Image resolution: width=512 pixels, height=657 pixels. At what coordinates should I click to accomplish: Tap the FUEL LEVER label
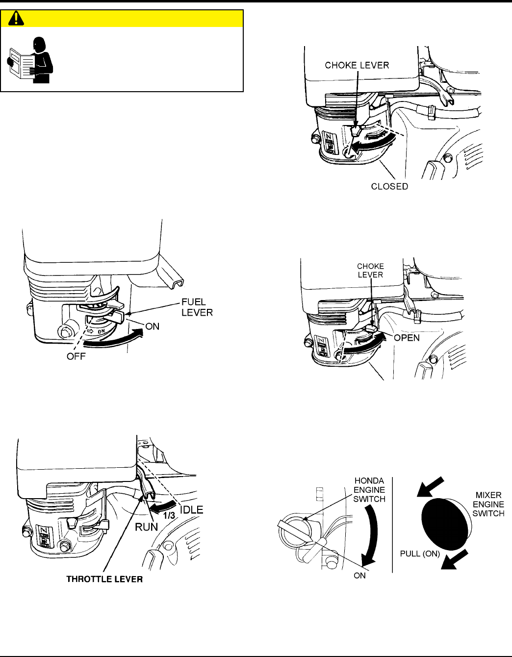(197, 307)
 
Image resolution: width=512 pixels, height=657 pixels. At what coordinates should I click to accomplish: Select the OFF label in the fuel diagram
(76, 356)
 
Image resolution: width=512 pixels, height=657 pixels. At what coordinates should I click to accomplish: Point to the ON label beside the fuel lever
(152, 327)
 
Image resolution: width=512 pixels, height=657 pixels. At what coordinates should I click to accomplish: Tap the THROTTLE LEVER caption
(104, 579)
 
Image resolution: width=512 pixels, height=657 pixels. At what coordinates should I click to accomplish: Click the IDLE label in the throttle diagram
(191, 510)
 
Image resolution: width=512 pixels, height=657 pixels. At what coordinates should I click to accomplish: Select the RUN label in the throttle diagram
(147, 527)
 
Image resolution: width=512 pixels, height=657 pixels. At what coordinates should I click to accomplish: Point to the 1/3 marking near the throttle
(169, 516)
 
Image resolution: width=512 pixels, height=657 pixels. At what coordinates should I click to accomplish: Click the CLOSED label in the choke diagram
(389, 186)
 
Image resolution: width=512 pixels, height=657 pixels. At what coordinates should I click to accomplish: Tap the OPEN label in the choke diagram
(407, 338)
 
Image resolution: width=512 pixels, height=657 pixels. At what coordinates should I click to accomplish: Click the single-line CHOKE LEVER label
(357, 65)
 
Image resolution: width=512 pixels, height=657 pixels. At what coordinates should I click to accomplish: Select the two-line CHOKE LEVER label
(370, 271)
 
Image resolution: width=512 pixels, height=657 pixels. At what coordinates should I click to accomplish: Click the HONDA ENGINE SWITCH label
(369, 490)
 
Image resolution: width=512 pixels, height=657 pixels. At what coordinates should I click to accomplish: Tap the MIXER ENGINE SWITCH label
(488, 504)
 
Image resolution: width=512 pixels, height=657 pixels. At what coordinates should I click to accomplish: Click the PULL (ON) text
(420, 554)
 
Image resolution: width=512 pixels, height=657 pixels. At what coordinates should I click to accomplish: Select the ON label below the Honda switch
(360, 576)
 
